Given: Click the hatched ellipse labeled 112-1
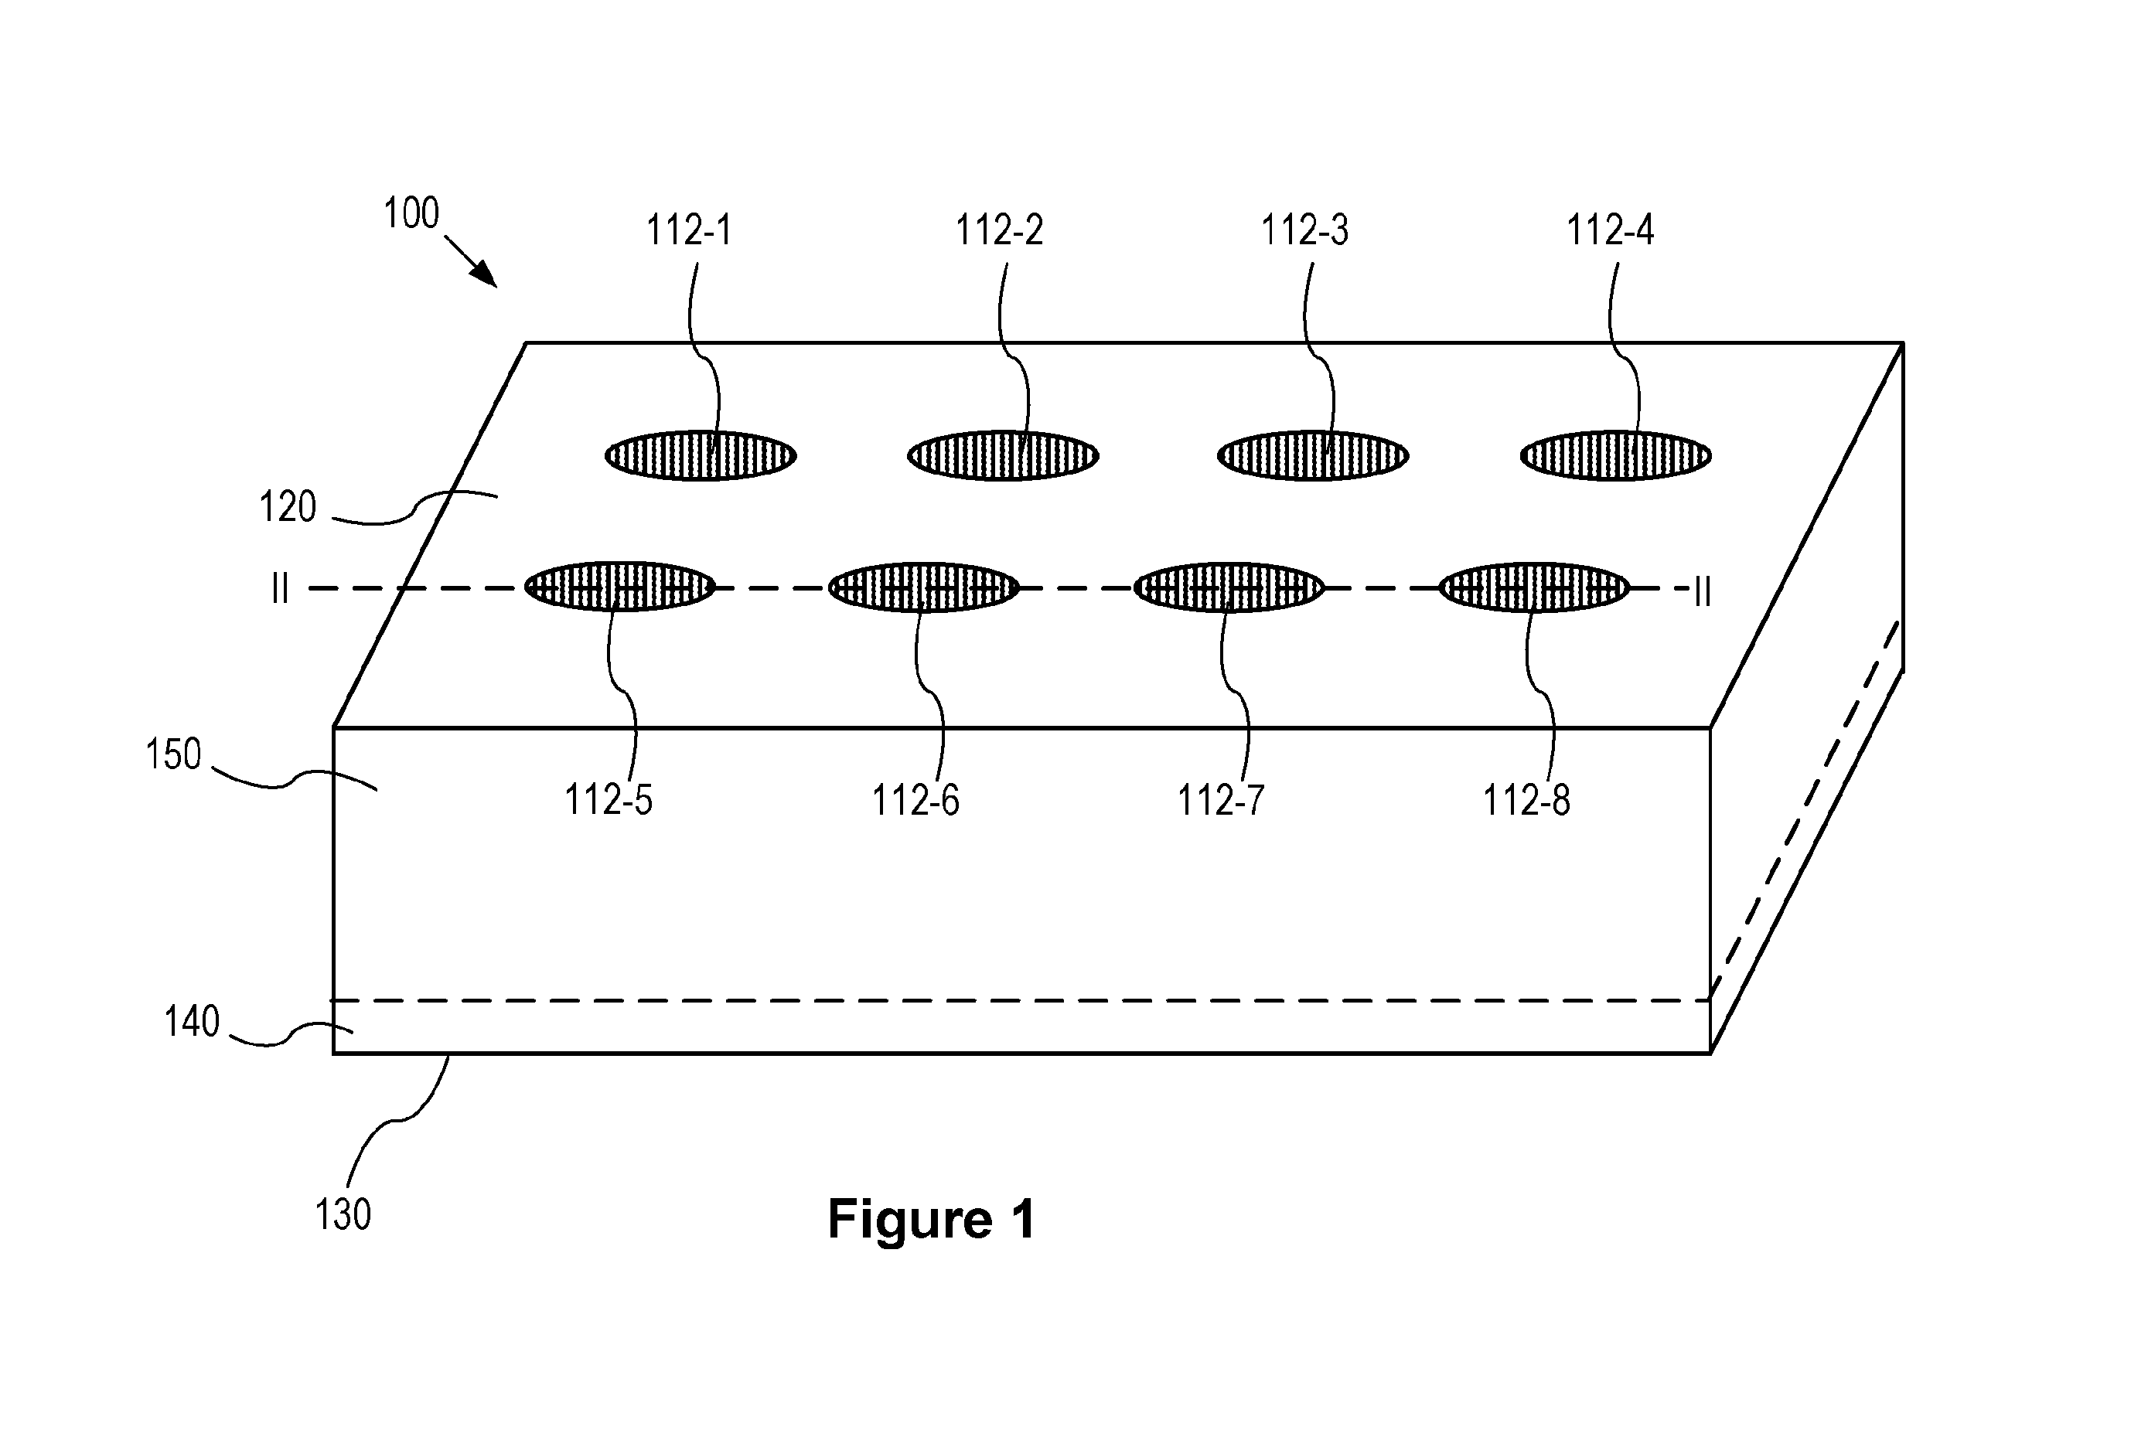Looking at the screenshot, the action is pyautogui.click(x=701, y=455).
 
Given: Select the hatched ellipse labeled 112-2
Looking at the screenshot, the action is pyautogui.click(x=1003, y=455).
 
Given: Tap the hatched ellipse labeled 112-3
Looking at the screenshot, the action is pyautogui.click(x=1313, y=455).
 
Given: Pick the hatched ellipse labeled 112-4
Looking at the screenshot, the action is pyautogui.click(x=1615, y=455).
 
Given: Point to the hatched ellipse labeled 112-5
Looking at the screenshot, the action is pyautogui.click(x=620, y=587).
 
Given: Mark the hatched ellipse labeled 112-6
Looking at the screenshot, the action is pyautogui.click(x=923, y=587).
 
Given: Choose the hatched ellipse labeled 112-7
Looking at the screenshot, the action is pyautogui.click(x=1229, y=587).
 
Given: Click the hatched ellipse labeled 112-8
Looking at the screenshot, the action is pyautogui.click(x=1534, y=587).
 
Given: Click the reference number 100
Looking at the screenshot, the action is pyautogui.click(x=411, y=213).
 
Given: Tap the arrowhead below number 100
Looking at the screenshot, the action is pyautogui.click(x=487, y=276).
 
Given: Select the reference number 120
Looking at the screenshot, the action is pyautogui.click(x=288, y=506).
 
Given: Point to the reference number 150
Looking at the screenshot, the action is pyautogui.click(x=173, y=754).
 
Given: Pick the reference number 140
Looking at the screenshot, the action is pyautogui.click(x=192, y=1020).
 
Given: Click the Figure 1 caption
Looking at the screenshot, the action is pyautogui.click(x=932, y=1218).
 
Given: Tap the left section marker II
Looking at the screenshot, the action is pyautogui.click(x=280, y=589).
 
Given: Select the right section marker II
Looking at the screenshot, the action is pyautogui.click(x=1702, y=592).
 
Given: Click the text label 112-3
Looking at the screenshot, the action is pyautogui.click(x=1304, y=230).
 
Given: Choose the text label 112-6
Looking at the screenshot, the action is pyautogui.click(x=916, y=800).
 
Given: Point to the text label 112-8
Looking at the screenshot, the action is pyautogui.click(x=1526, y=800).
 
